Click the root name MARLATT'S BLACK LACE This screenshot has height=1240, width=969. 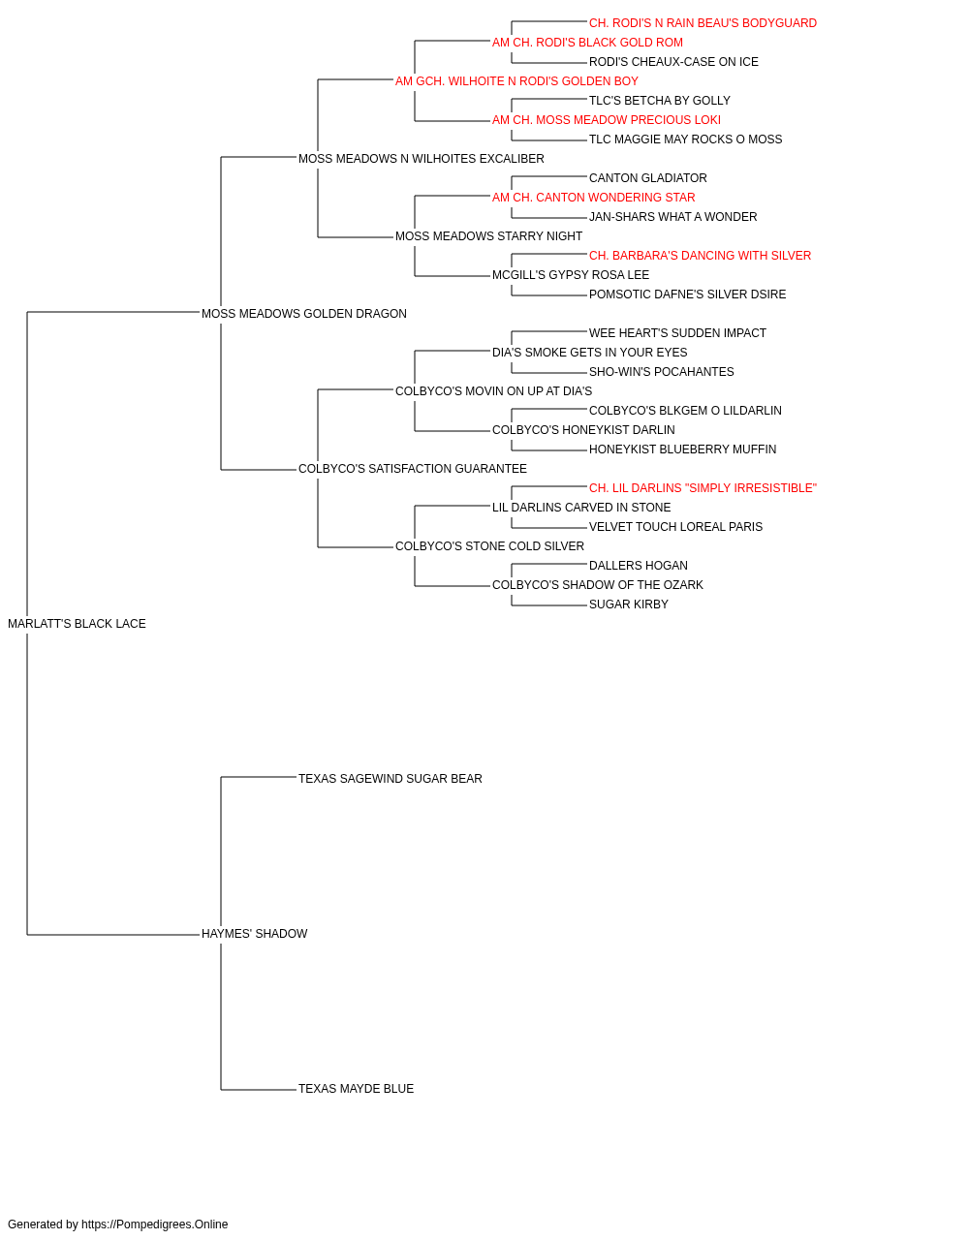coord(78,624)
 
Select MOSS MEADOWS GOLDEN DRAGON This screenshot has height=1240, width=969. coord(304,314)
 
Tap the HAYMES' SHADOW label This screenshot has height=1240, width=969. coord(255,934)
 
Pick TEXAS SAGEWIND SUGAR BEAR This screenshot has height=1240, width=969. coord(391,779)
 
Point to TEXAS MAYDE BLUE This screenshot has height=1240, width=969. coord(356,1089)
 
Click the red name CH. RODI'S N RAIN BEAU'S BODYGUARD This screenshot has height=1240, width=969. coord(703,23)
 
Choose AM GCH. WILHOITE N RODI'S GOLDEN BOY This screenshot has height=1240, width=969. coord(517,81)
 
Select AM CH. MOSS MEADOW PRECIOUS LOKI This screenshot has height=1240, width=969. coord(607,120)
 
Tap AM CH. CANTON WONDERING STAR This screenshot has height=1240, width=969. coord(593,198)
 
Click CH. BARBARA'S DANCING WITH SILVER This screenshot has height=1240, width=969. coord(701,256)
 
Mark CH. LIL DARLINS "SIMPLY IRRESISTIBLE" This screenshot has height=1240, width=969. coord(703,488)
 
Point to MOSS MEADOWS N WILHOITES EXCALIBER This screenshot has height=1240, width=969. coord(422,159)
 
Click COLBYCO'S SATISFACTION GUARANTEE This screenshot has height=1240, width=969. coord(413,469)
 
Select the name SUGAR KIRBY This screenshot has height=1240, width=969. coord(629,604)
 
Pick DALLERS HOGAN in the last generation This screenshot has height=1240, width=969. coord(639,566)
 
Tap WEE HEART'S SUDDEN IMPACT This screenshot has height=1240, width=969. coord(678,333)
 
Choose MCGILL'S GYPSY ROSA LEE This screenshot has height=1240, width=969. coord(571,275)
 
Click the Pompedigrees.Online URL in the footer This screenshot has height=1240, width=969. coord(155,1224)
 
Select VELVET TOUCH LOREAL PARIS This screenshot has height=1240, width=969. coord(675,527)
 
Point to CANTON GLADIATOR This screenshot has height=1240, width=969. coord(648,178)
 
